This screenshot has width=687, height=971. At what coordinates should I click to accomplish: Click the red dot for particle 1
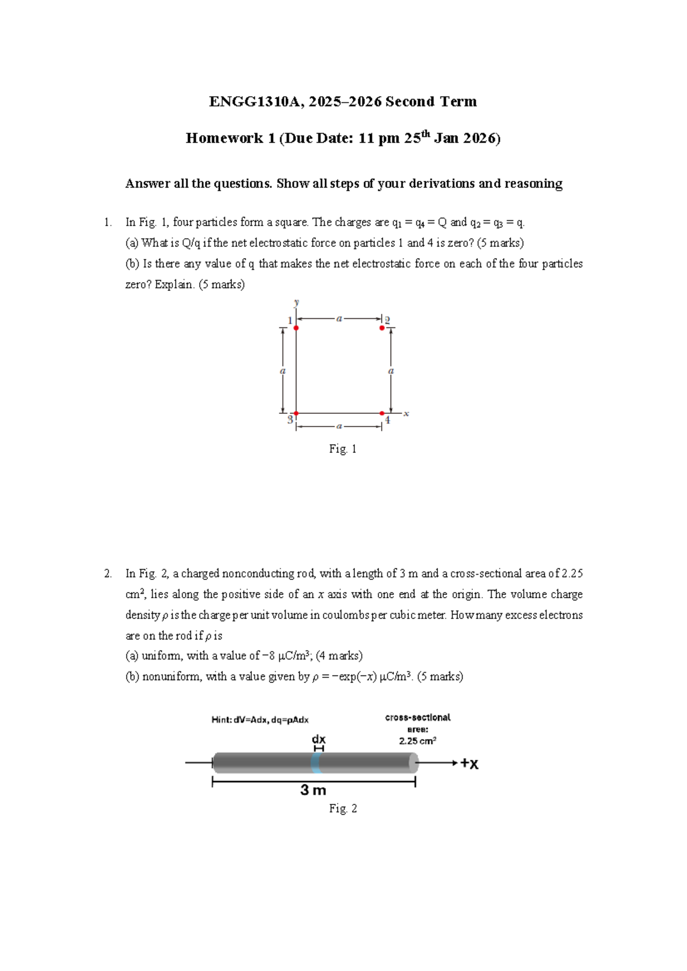296,328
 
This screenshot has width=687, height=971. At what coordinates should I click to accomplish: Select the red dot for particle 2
382,328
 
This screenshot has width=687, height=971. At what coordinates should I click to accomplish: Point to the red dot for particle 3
296,413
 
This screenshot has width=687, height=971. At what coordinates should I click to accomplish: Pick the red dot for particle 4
382,413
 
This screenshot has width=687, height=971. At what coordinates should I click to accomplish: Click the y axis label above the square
296,302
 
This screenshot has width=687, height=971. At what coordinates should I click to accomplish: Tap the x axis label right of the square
406,413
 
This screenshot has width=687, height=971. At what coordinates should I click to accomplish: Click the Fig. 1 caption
343,449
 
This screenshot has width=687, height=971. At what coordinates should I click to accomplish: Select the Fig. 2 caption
343,808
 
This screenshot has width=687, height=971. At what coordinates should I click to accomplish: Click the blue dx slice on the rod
315,763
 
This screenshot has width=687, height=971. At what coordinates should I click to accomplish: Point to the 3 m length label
313,790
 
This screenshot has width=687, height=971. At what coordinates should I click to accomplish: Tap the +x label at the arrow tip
469,763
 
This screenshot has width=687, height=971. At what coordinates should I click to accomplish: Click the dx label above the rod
318,740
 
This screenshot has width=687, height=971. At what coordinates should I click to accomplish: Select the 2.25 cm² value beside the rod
417,741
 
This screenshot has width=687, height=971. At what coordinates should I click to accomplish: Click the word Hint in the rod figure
221,720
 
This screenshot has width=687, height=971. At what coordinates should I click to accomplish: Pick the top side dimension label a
339,318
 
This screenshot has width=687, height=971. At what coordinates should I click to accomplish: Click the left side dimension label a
282,371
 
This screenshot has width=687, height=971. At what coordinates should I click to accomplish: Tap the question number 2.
108,574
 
